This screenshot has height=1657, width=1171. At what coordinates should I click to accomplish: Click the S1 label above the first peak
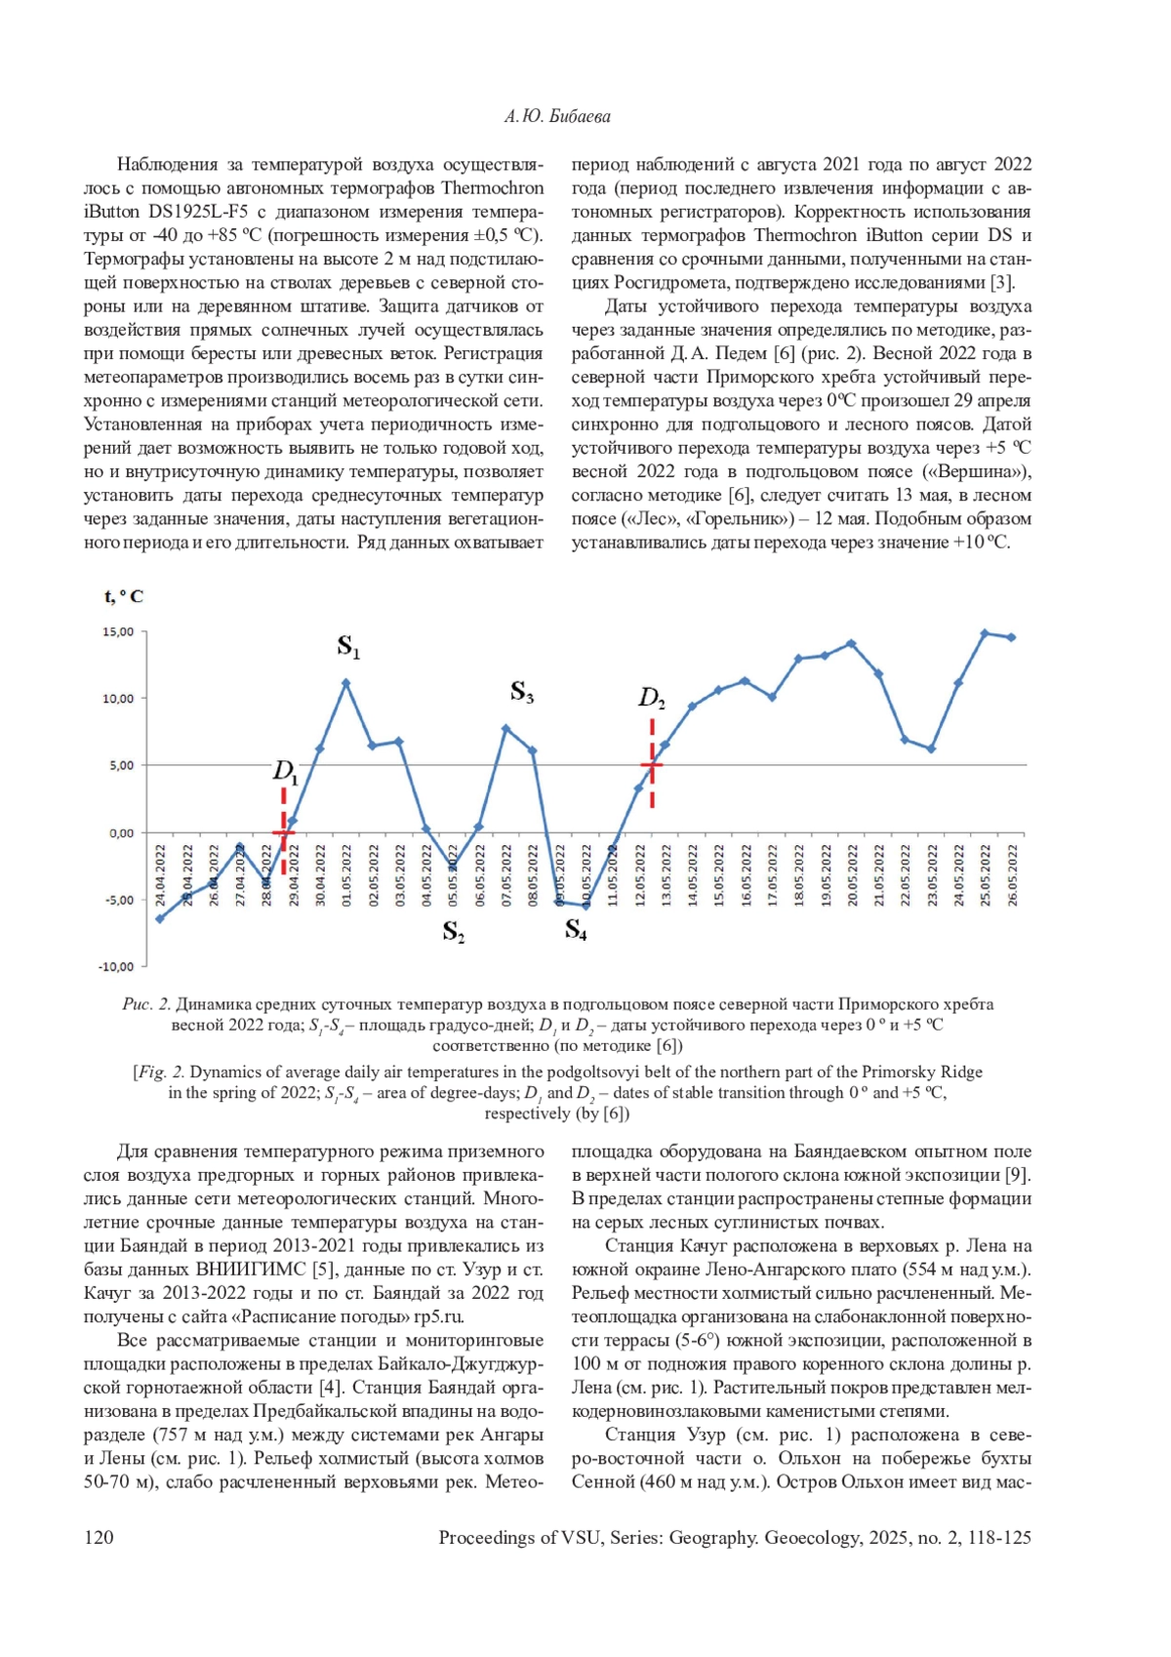pos(348,646)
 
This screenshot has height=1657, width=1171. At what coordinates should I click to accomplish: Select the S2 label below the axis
pos(454,932)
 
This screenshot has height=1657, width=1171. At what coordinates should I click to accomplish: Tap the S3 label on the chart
pos(522,693)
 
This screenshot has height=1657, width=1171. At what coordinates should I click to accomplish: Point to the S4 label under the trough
pos(576,930)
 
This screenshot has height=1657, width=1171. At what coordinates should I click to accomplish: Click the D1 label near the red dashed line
pos(285,772)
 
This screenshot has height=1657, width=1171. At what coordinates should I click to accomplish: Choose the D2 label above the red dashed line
pos(652,698)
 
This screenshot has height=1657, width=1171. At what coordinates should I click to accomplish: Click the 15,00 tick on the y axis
pos(118,632)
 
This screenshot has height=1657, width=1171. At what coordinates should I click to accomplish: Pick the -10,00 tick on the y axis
pos(116,967)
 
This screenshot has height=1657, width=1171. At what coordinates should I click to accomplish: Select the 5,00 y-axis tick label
pos(121,766)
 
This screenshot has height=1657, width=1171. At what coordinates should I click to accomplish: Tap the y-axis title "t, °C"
pos(123,596)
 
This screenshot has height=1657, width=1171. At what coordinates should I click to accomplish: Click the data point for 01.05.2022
pos(345,683)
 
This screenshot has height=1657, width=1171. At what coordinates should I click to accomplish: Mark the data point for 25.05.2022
pos(985,633)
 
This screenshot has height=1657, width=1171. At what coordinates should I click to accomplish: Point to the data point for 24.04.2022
pos(160,918)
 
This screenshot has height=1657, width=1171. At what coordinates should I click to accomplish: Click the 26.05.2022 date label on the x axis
pos(1012,875)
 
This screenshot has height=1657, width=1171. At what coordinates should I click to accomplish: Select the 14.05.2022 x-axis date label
pos(693,875)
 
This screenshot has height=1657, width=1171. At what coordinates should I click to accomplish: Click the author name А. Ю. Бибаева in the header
pos(557,116)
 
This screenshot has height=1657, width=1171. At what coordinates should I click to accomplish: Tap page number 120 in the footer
pos(99,1538)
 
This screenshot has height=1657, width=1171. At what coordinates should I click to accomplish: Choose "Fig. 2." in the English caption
pos(161,1072)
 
